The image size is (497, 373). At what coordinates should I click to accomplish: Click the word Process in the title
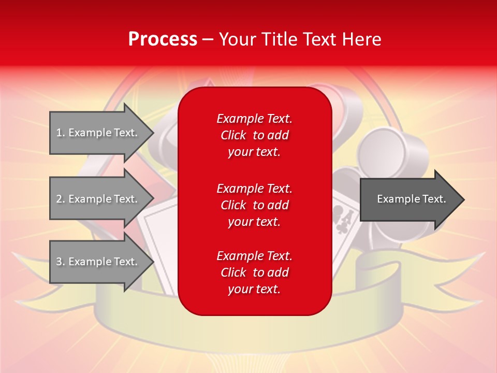click(163, 39)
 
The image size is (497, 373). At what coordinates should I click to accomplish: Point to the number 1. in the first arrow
click(61, 133)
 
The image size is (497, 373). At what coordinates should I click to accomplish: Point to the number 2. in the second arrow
click(61, 199)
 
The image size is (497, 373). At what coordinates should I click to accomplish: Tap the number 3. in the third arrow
click(61, 262)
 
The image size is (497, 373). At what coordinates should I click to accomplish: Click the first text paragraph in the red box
click(254, 135)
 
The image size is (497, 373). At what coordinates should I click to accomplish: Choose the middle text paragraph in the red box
click(254, 205)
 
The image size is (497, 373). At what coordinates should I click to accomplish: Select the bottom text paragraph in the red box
click(254, 272)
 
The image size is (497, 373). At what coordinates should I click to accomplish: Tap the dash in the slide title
click(208, 39)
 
